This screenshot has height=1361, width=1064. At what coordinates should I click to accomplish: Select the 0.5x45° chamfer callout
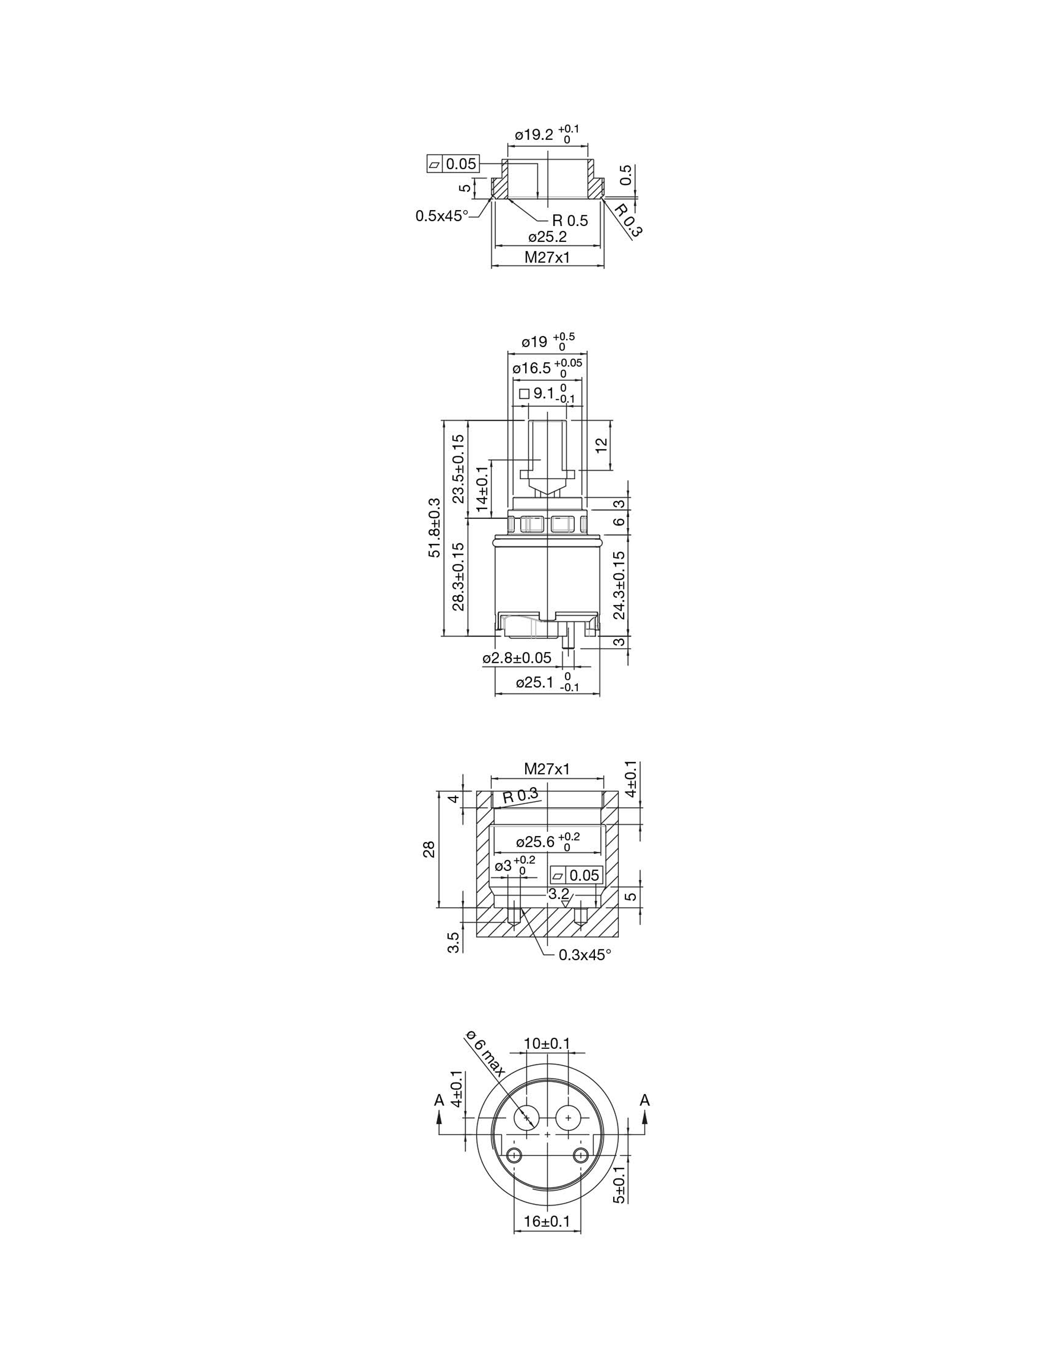[x=442, y=216]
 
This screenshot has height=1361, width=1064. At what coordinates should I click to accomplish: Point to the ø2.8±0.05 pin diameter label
[x=517, y=658]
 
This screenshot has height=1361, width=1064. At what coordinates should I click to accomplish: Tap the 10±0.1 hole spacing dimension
[x=547, y=1043]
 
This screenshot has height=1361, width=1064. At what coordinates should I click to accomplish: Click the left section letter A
[x=439, y=1101]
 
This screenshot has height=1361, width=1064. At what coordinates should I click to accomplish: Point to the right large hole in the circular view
[x=568, y=1118]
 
